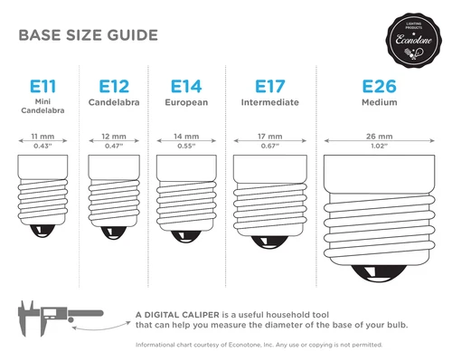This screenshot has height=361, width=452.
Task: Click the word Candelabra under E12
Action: tap(113, 104)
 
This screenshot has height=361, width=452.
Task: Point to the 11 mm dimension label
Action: tap(42, 136)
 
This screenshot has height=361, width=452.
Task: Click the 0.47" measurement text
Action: tap(113, 145)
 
